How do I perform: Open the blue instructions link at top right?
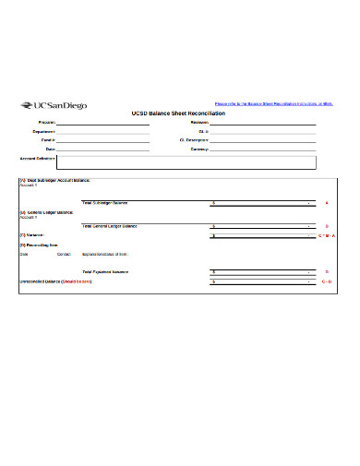click(272, 103)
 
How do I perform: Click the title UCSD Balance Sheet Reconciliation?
click(180, 113)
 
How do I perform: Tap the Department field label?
click(44, 131)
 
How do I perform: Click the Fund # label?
click(48, 139)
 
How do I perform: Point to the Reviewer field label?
click(199, 122)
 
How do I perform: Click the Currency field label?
click(199, 149)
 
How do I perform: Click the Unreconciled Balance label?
click(56, 281)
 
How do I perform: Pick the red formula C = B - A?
click(327, 235)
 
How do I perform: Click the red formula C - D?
click(327, 281)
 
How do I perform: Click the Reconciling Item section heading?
click(36, 245)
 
